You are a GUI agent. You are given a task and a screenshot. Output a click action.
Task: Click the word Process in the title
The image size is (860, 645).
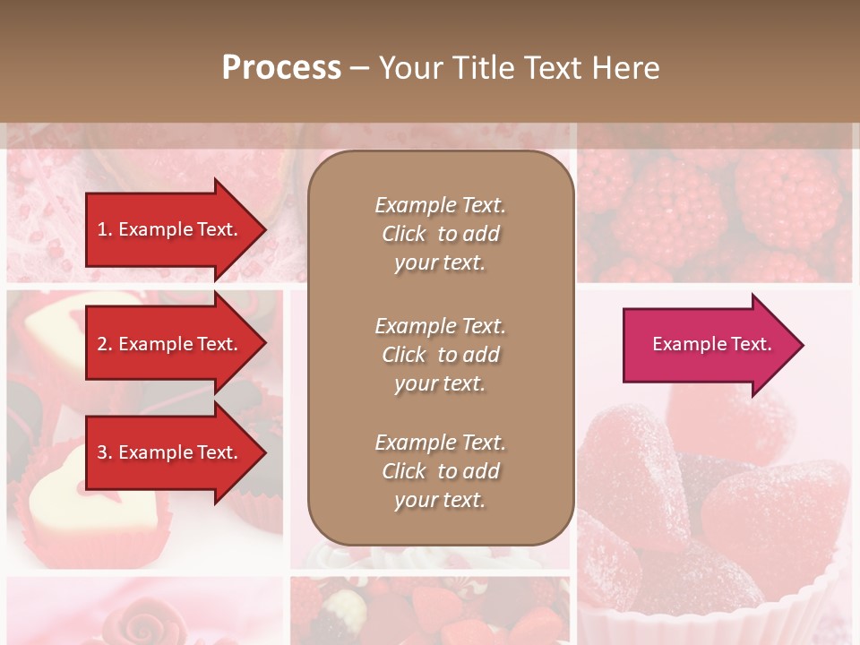click(x=281, y=67)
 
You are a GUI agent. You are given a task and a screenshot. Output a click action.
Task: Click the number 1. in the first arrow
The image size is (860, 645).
click(x=105, y=229)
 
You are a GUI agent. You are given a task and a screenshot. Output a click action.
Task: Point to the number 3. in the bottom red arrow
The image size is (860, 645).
click(x=105, y=452)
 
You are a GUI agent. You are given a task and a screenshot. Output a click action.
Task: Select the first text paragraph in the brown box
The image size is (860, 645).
click(x=440, y=234)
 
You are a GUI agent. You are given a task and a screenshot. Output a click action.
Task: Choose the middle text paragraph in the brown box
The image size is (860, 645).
click(x=440, y=355)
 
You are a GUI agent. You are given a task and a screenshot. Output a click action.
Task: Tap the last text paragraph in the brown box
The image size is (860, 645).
click(x=440, y=471)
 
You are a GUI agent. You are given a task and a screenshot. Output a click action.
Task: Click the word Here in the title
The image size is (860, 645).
click(x=627, y=67)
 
